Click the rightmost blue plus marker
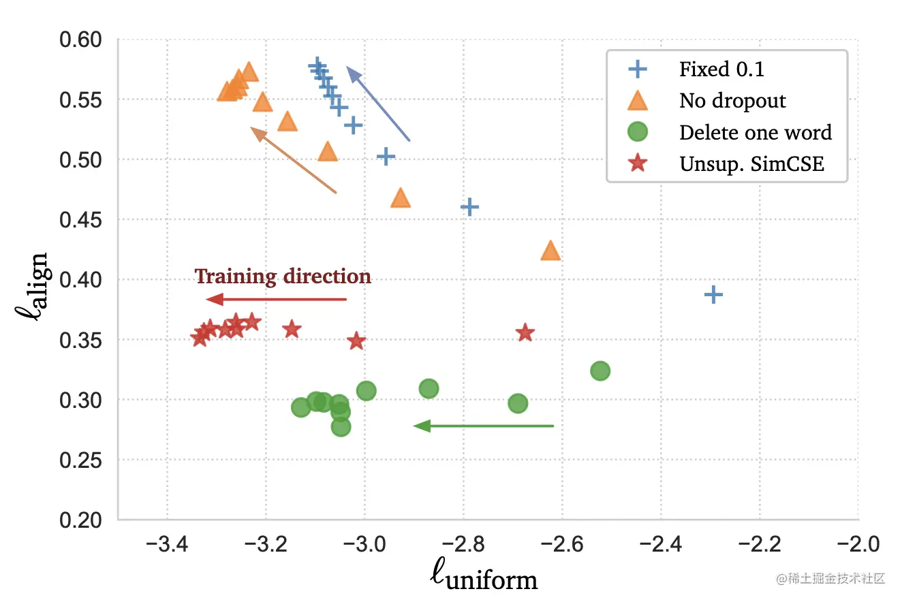coord(713,294)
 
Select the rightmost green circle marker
coord(600,370)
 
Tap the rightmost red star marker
coord(525,333)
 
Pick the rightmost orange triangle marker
coord(550,251)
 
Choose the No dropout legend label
coord(732,101)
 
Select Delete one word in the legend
coord(756,132)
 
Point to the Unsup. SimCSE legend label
coord(751,163)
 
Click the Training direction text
coord(283,276)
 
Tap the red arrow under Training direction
coord(276,299)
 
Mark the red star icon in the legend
coord(638,163)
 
